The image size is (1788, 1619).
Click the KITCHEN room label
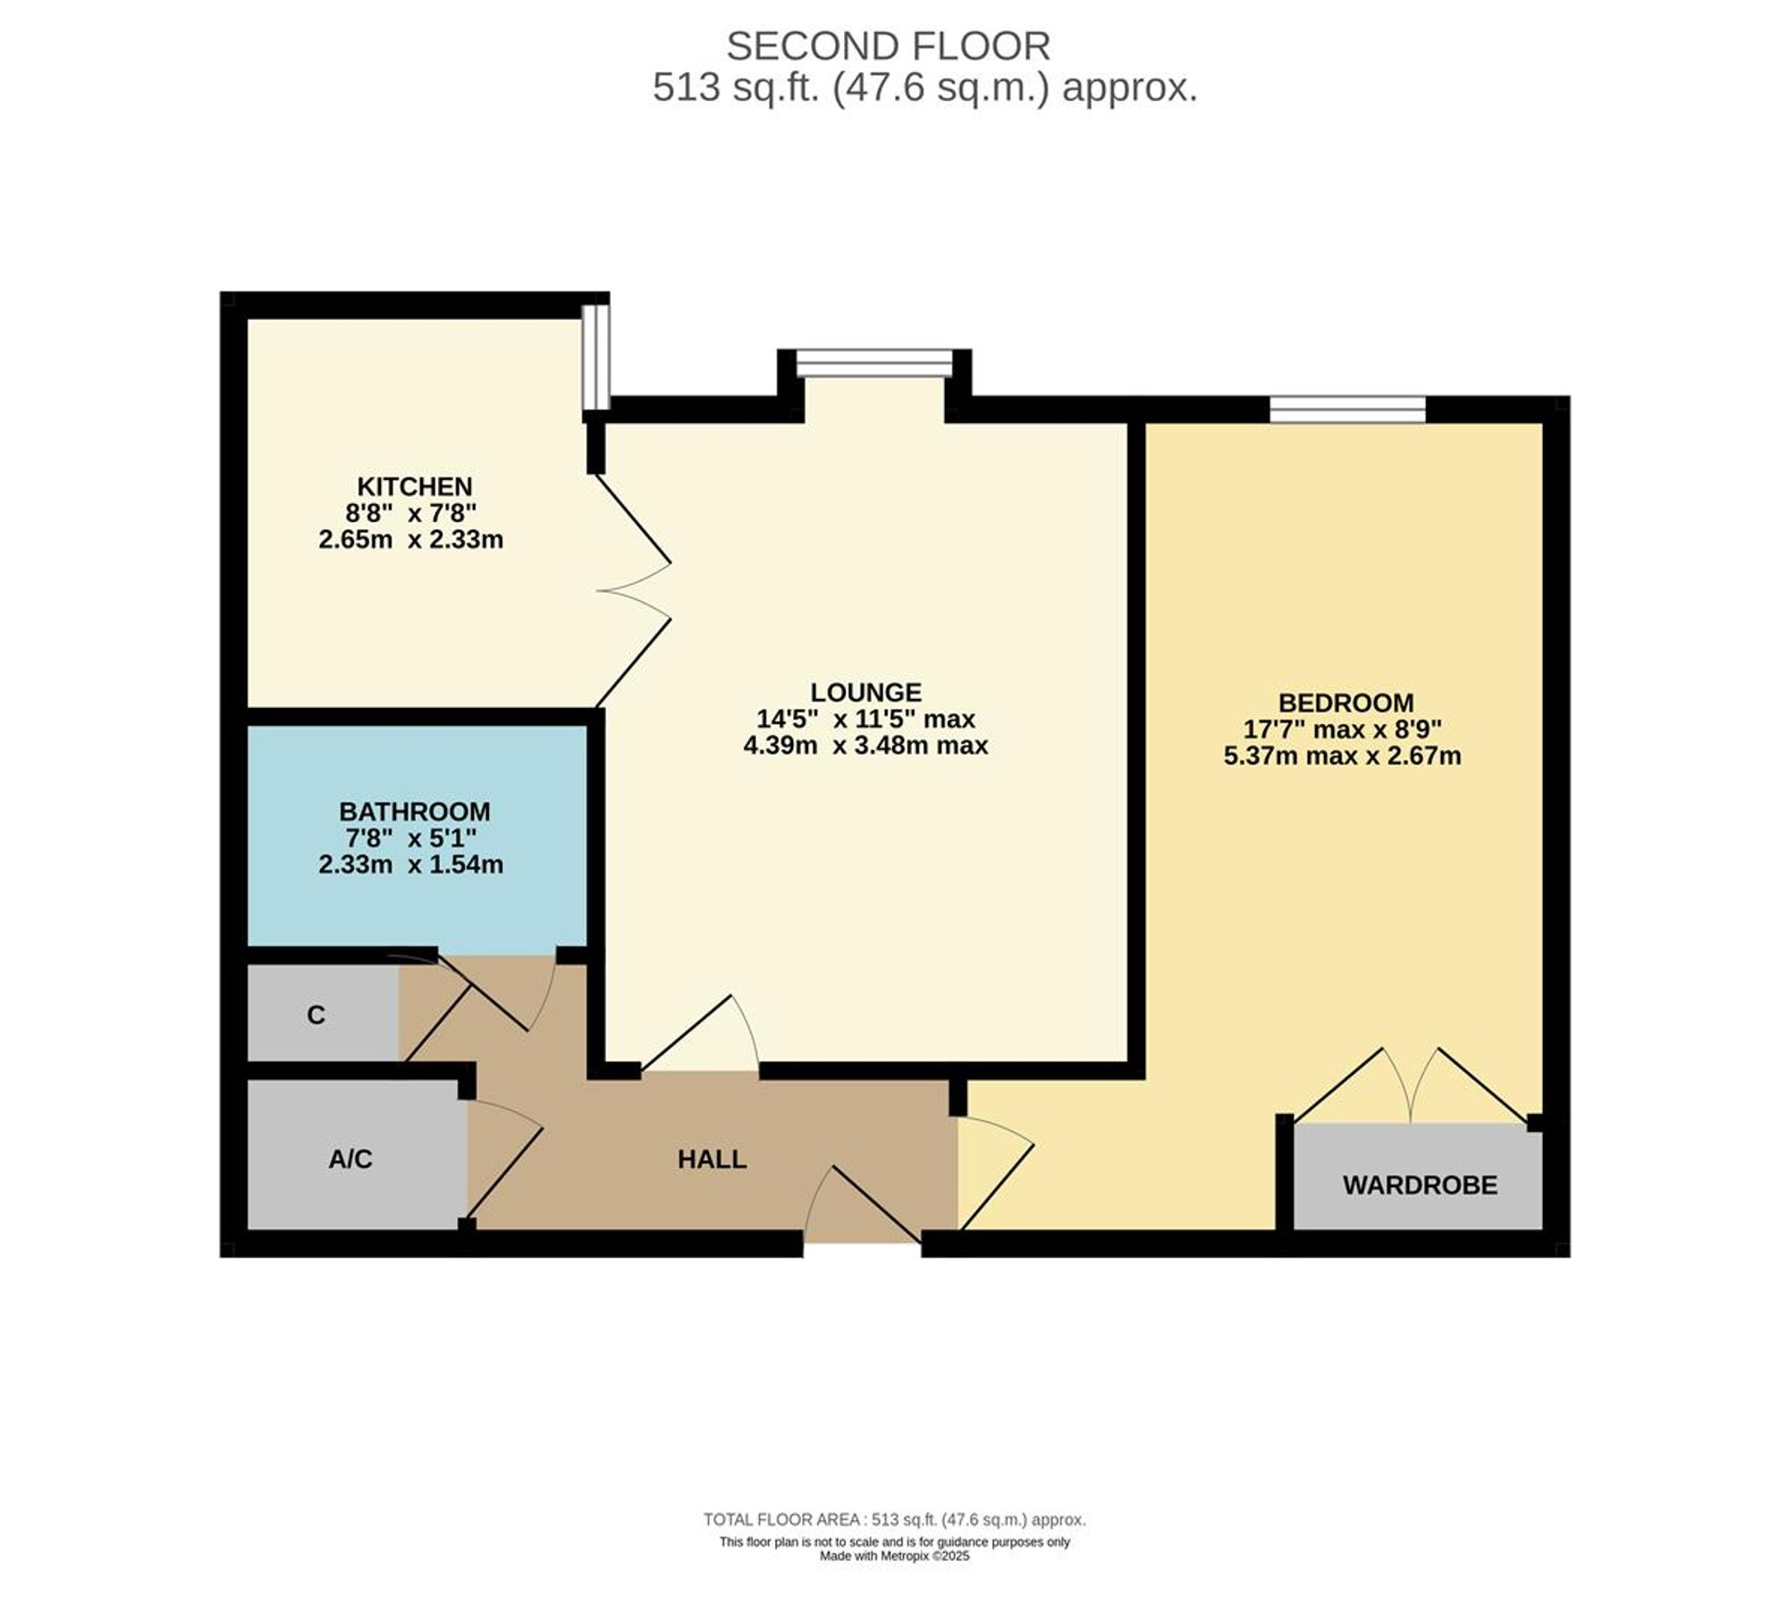[414, 486]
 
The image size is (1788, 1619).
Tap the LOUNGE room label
[865, 692]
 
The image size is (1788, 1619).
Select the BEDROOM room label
[1345, 703]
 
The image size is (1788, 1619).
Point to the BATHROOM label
[414, 812]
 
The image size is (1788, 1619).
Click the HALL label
[712, 1159]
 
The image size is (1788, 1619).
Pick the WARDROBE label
[1420, 1185]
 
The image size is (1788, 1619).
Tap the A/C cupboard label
[350, 1159]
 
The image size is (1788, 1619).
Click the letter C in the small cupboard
[316, 1016]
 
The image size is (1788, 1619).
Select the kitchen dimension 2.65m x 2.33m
[411, 540]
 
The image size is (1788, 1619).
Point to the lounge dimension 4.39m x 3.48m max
[865, 746]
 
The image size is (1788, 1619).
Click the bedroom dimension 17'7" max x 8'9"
[1342, 729]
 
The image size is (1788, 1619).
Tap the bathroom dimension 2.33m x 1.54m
[411, 865]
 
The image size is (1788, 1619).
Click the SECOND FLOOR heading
[888, 46]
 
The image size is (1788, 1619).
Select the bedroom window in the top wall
[1347, 409]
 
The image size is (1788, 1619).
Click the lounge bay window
[874, 363]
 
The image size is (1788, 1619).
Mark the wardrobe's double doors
[1410, 1086]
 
